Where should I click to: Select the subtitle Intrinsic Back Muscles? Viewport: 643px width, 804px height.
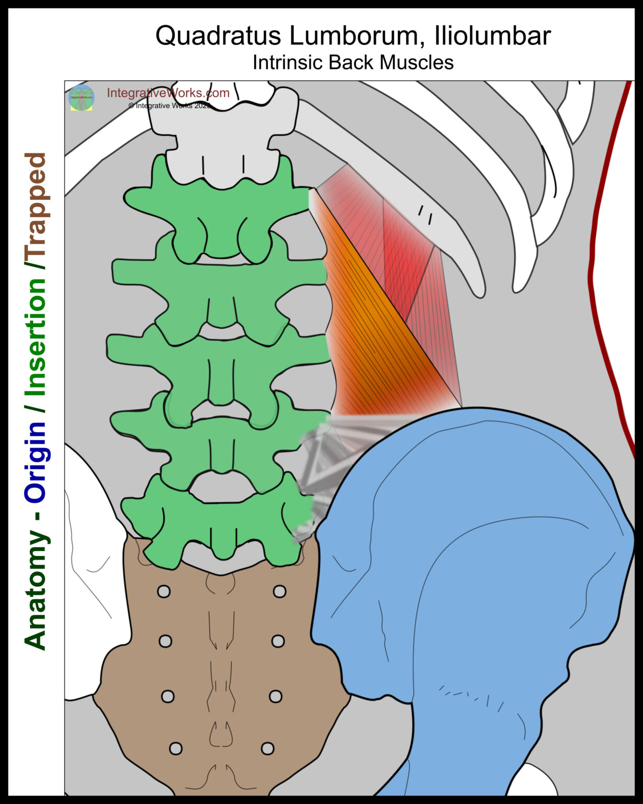click(x=353, y=62)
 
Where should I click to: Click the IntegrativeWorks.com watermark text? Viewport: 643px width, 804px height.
click(x=168, y=93)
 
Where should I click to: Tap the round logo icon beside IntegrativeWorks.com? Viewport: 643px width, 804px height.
click(x=82, y=98)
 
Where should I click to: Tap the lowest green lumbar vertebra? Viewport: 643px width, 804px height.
click(x=220, y=523)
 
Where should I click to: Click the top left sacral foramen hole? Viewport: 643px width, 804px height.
click(x=164, y=592)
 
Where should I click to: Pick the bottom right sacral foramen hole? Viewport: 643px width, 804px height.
click(x=267, y=748)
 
